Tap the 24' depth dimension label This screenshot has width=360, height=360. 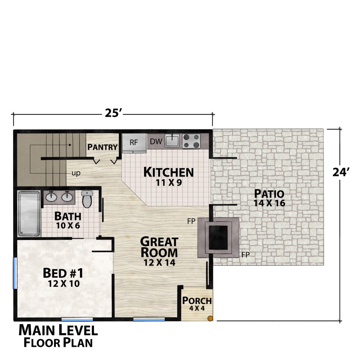341,172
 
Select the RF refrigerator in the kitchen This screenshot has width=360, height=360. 134,143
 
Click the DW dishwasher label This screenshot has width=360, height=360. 156,142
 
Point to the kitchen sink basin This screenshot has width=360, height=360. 172,140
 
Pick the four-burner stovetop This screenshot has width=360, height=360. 191,141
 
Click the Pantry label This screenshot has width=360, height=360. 102,147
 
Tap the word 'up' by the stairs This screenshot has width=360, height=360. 76,173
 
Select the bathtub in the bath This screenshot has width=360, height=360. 29,214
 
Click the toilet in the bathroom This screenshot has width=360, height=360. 87,199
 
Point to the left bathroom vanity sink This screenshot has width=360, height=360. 51,196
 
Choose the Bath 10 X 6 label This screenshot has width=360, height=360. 68,220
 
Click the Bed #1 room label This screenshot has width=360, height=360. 64,277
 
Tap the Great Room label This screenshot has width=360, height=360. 159,252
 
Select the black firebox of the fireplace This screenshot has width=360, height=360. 218,237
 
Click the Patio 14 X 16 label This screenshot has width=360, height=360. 269,198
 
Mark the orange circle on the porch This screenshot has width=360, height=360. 210,318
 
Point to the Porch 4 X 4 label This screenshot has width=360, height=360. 197,304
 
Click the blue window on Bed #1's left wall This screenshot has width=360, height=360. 15,273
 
